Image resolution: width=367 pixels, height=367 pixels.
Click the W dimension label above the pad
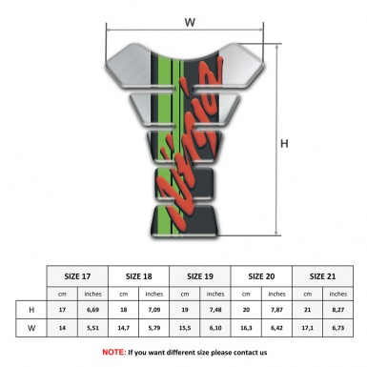click(189, 19)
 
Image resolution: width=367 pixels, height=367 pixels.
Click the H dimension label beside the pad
click(285, 144)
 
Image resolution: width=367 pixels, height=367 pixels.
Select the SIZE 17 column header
click(79, 275)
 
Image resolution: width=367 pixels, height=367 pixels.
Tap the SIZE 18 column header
click(140, 275)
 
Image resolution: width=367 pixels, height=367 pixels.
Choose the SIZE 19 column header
click(201, 275)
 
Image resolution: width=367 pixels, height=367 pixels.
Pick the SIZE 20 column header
click(261, 275)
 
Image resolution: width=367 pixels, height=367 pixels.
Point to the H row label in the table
click(31, 311)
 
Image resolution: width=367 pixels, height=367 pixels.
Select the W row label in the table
click(31, 329)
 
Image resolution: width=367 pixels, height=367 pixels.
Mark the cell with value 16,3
click(246, 329)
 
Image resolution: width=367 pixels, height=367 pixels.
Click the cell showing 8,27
click(337, 311)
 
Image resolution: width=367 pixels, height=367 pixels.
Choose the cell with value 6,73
click(337, 329)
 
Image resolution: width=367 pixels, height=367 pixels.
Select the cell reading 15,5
click(186, 329)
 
